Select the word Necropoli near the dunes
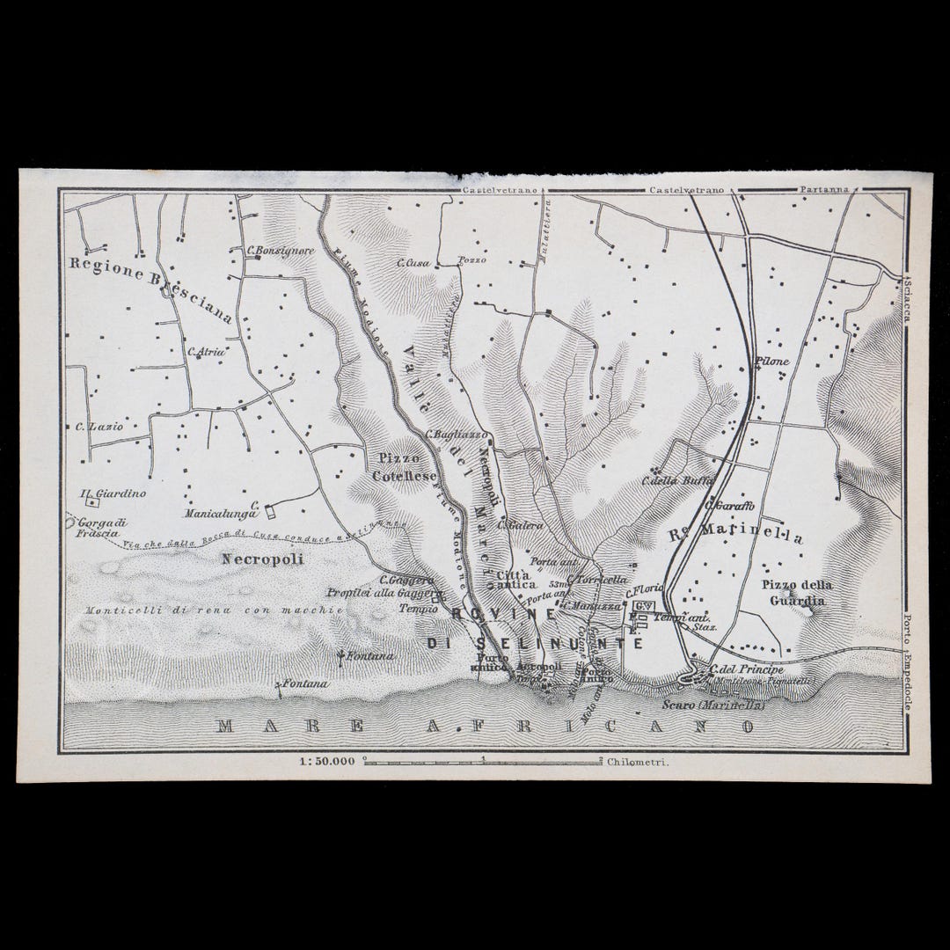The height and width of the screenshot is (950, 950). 251,559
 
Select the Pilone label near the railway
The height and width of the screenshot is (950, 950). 773,362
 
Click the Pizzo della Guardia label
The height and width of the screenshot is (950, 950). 797,592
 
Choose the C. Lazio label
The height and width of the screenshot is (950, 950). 99,427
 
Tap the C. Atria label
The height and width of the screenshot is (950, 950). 207,352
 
